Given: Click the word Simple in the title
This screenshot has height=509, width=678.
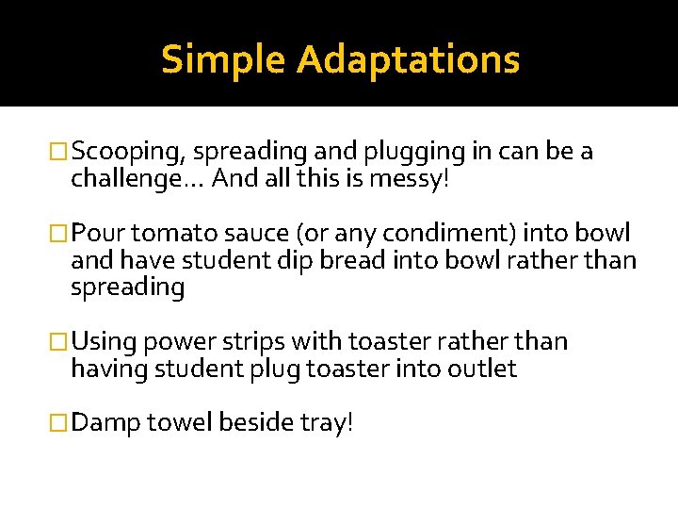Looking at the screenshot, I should (223, 59).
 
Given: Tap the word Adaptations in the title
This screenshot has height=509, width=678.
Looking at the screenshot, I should (407, 59).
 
